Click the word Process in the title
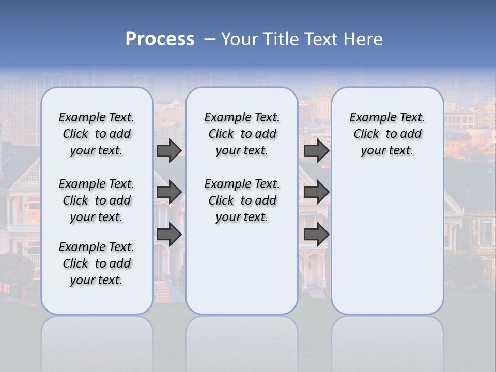coord(160,39)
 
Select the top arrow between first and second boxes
coord(169,151)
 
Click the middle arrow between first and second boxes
coord(169,193)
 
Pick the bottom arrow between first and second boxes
coord(169,234)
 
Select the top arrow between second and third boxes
coord(316,151)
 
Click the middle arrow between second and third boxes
coord(316,193)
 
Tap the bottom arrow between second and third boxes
coord(316,234)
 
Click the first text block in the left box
coord(97,134)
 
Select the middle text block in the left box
coord(97,200)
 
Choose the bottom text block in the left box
coord(97,263)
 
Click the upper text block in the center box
coord(242,134)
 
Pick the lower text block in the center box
coord(242,200)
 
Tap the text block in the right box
coord(387,134)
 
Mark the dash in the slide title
coord(210,39)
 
